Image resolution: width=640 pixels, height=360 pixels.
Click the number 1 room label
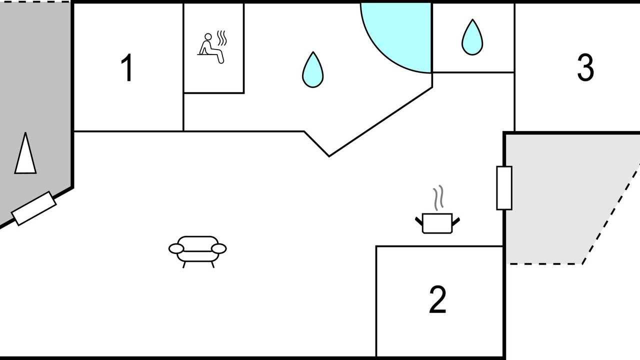tap(127, 68)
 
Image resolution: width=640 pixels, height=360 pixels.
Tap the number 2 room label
tap(437, 300)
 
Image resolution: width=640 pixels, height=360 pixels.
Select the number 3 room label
tap(585, 67)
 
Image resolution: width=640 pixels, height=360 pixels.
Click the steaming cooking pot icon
tap(437, 222)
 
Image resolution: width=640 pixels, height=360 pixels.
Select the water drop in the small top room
tap(472, 37)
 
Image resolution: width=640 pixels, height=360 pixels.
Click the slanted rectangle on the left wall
tap(34, 208)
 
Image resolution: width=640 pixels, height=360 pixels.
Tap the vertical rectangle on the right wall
tap(504, 188)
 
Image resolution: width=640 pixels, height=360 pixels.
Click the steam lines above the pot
tap(438, 198)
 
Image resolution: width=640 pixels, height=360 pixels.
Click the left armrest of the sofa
tap(176, 248)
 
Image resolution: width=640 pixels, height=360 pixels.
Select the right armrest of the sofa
tap(219, 248)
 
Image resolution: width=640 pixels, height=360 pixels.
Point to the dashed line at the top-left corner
tap(35, 2)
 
